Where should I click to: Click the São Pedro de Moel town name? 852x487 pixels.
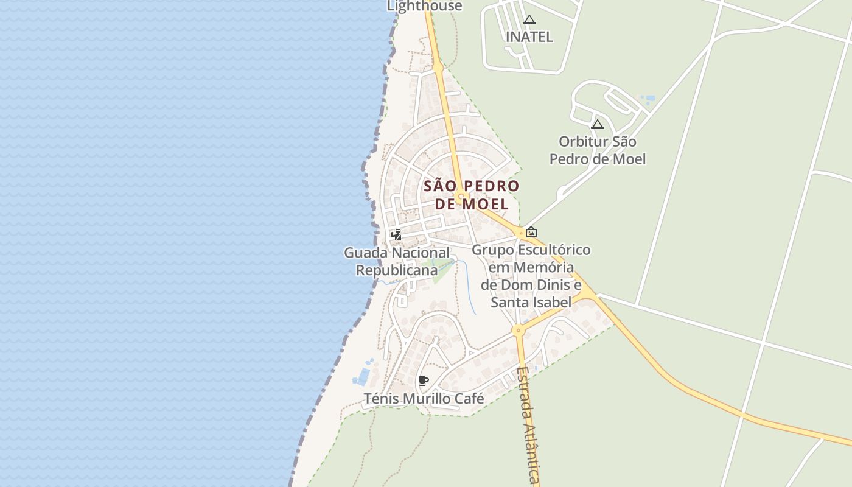pyautogui.click(x=472, y=194)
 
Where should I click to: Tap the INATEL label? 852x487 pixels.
pyautogui.click(x=529, y=37)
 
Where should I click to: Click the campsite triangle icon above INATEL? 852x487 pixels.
pyautogui.click(x=529, y=20)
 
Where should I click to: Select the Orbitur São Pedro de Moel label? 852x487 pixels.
pyautogui.click(x=597, y=150)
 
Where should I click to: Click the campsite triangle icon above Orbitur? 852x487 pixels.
pyautogui.click(x=598, y=125)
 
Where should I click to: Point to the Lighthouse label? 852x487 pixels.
pyautogui.click(x=425, y=6)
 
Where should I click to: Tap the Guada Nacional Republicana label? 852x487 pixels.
pyautogui.click(x=397, y=261)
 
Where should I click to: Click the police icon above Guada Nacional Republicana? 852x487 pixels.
pyautogui.click(x=396, y=235)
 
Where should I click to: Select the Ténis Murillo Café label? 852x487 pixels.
pyautogui.click(x=424, y=399)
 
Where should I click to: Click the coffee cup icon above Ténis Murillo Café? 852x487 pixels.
pyautogui.click(x=424, y=381)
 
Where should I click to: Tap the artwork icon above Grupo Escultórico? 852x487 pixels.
pyautogui.click(x=531, y=232)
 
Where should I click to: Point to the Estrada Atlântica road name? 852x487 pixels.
pyautogui.click(x=528, y=426)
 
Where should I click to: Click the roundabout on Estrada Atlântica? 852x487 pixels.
pyautogui.click(x=518, y=331)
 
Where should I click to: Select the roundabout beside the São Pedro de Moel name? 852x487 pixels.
pyautogui.click(x=461, y=196)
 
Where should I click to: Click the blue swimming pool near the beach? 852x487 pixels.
pyautogui.click(x=363, y=376)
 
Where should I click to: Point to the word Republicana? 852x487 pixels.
pyautogui.click(x=397, y=270)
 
